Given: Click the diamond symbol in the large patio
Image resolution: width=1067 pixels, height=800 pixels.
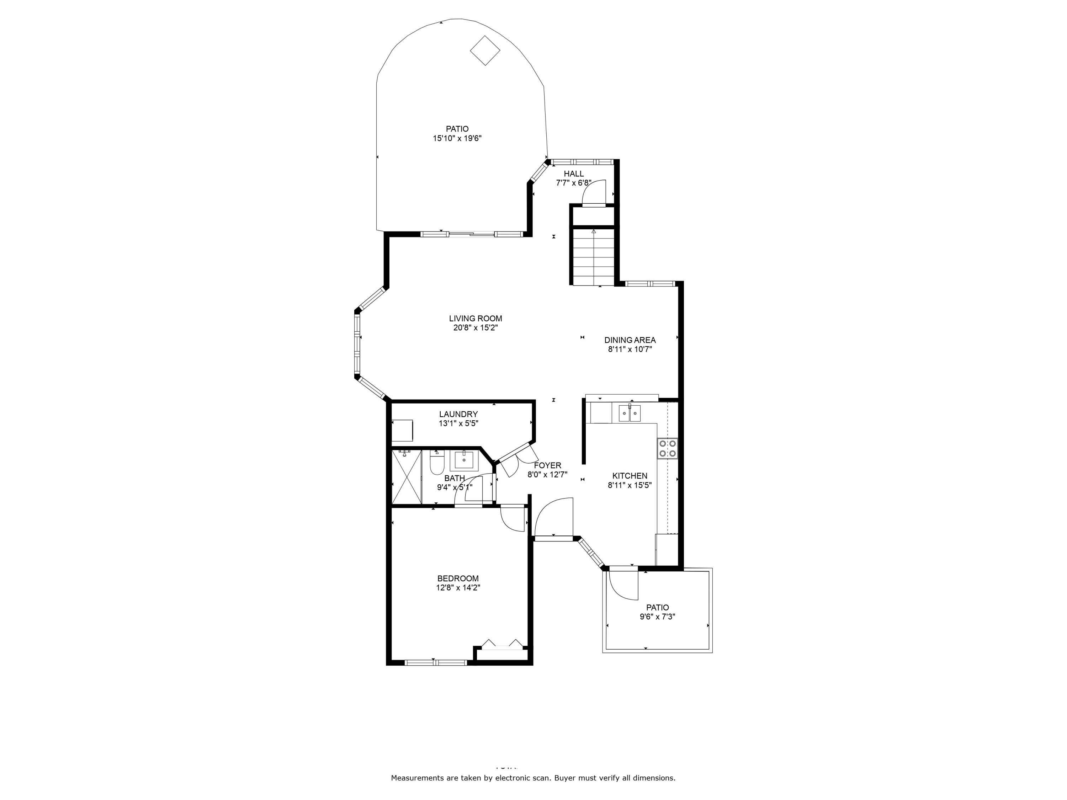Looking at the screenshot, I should pos(485,50).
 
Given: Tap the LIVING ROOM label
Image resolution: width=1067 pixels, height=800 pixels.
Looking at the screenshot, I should pos(475,318).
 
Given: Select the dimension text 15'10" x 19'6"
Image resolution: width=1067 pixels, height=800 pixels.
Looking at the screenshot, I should pos(457,138).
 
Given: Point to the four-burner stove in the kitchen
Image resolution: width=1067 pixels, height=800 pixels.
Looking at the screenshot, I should pos(667,448).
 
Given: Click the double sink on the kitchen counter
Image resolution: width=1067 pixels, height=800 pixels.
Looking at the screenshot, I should pos(630,413).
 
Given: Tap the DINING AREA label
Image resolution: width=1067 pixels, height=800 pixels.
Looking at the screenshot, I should pos(630,340).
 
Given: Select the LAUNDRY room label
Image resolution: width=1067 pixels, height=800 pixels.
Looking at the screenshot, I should pos(458,414).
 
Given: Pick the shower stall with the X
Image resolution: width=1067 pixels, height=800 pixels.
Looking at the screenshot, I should pos(406,477).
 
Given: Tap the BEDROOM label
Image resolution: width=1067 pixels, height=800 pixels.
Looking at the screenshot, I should pos(458,578).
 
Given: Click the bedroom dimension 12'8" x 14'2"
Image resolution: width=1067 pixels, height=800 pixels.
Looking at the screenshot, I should pos(458,588).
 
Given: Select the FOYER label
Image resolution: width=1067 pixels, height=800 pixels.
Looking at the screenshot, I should pos(547,465).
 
